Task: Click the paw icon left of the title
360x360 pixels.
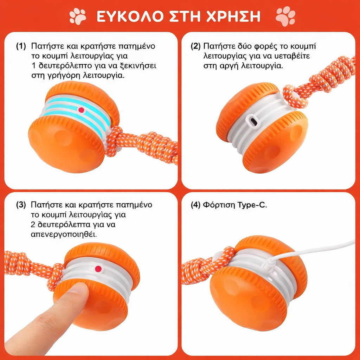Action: click(x=78, y=16)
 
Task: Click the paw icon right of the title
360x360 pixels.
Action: click(x=285, y=16)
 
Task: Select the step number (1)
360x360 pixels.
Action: click(x=21, y=46)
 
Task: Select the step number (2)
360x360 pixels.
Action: click(x=195, y=46)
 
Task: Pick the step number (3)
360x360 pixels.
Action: click(x=21, y=205)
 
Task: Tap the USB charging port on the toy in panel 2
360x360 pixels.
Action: click(x=252, y=121)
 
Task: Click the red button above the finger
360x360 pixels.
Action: click(x=98, y=269)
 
